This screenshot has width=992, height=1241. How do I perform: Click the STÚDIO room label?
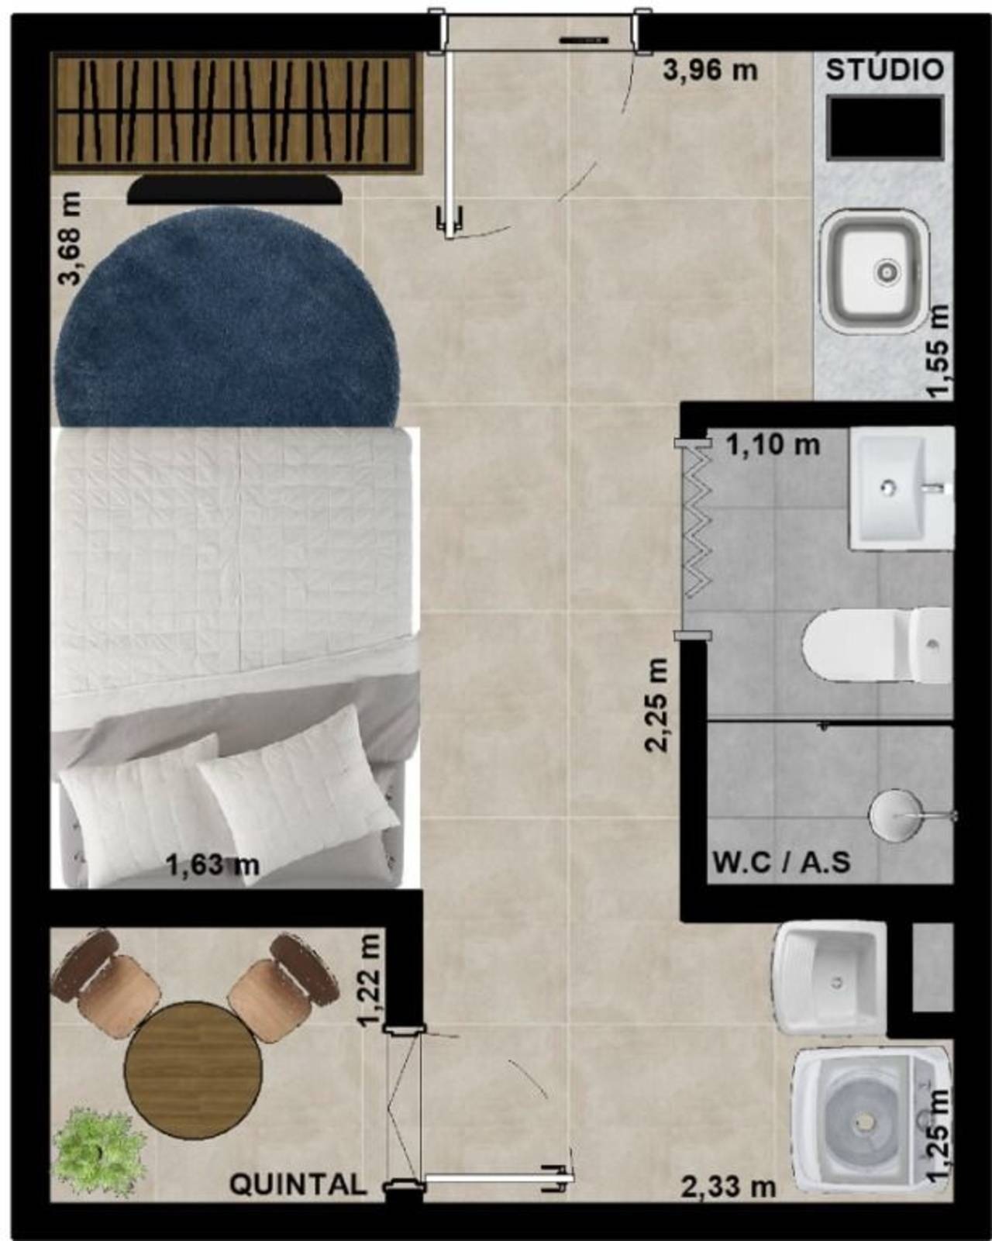pyautogui.click(x=885, y=70)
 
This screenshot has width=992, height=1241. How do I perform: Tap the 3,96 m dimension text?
pyautogui.click(x=710, y=71)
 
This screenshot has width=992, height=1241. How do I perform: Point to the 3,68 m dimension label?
pyautogui.click(x=69, y=238)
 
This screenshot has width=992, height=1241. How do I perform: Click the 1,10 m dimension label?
pyautogui.click(x=773, y=445)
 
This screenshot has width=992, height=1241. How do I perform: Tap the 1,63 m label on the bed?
pyautogui.click(x=213, y=881)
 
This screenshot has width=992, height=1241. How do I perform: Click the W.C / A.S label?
pyautogui.click(x=782, y=864)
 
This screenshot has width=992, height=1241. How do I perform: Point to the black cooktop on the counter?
pyautogui.click(x=885, y=127)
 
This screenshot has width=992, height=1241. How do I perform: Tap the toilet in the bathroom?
pyautogui.click(x=877, y=645)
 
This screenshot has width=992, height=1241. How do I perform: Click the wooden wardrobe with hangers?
pyautogui.click(x=236, y=112)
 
